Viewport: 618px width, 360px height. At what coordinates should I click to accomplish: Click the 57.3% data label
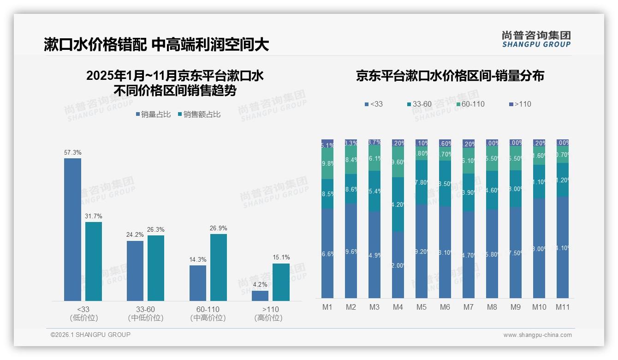point(72,152)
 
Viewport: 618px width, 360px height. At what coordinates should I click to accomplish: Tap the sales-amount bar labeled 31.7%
point(94,261)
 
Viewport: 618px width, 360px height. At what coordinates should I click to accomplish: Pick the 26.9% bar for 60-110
point(219,267)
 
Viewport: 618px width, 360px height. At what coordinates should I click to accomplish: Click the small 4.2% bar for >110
point(260,295)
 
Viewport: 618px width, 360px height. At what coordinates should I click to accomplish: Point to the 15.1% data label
point(281,258)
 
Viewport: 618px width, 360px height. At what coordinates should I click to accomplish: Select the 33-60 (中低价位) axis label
point(146,313)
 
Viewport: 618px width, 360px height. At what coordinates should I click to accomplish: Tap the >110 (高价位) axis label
point(268,313)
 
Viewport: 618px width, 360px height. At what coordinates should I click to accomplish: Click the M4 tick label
point(398,307)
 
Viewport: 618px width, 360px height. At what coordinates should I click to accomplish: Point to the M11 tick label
point(562,307)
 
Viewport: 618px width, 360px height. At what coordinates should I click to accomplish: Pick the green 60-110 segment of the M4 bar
point(398,162)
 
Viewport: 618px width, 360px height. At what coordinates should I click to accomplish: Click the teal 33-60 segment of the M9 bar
point(515,189)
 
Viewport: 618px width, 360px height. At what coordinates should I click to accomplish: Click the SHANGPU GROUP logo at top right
point(536,39)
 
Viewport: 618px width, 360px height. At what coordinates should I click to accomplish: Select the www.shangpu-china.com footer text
point(537,335)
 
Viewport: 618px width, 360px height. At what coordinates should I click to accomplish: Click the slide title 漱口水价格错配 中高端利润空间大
point(156,45)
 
